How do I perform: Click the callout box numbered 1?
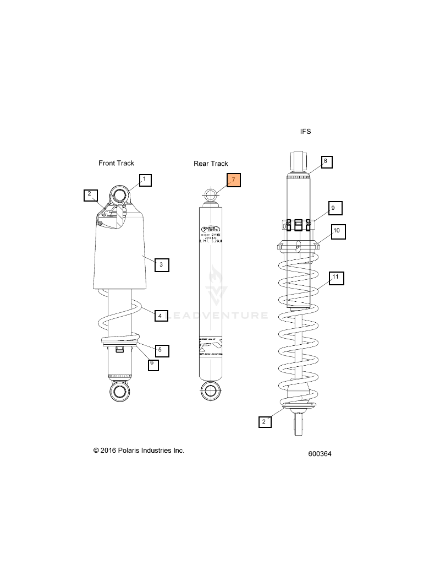(145, 180)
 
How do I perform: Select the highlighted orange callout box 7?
(233, 180)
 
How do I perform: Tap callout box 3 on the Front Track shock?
(161, 265)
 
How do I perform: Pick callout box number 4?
(159, 316)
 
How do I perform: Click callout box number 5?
(159, 350)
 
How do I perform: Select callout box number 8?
(325, 161)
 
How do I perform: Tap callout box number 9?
(332, 208)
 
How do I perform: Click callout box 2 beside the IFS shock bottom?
(264, 422)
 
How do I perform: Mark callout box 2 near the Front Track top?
(89, 194)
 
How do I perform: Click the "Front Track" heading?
(116, 163)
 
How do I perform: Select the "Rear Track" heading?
(211, 164)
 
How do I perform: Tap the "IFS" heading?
(305, 132)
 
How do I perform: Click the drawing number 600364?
(320, 454)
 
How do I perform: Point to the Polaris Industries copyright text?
(139, 451)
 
